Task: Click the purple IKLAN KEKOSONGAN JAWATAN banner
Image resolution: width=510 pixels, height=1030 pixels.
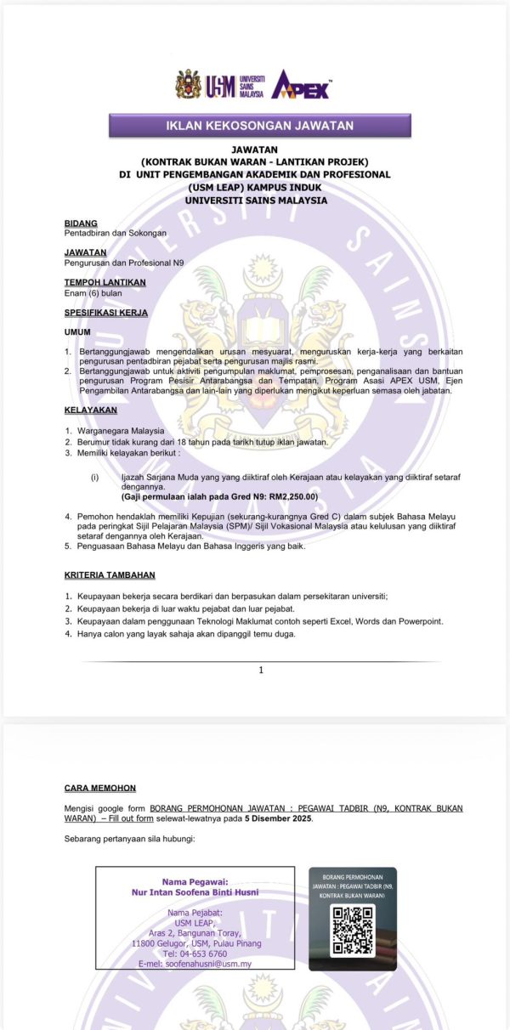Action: click(x=259, y=126)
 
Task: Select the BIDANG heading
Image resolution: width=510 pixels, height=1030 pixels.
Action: click(x=81, y=224)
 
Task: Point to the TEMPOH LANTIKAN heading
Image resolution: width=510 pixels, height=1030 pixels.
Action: click(x=105, y=282)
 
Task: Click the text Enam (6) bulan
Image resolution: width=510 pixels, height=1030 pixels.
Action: click(x=93, y=293)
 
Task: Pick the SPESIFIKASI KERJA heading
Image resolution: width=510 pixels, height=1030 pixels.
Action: click(x=106, y=312)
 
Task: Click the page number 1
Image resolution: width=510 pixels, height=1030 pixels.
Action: click(x=261, y=670)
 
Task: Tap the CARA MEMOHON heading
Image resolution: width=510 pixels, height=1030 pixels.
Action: click(x=99, y=788)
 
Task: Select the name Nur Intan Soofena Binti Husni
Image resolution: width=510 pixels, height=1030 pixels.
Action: click(x=195, y=892)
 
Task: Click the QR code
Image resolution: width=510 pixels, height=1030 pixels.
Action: click(x=352, y=930)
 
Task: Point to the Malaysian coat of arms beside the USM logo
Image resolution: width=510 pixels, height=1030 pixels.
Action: click(x=189, y=84)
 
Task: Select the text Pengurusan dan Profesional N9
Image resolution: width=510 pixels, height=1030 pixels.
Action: click(x=124, y=263)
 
